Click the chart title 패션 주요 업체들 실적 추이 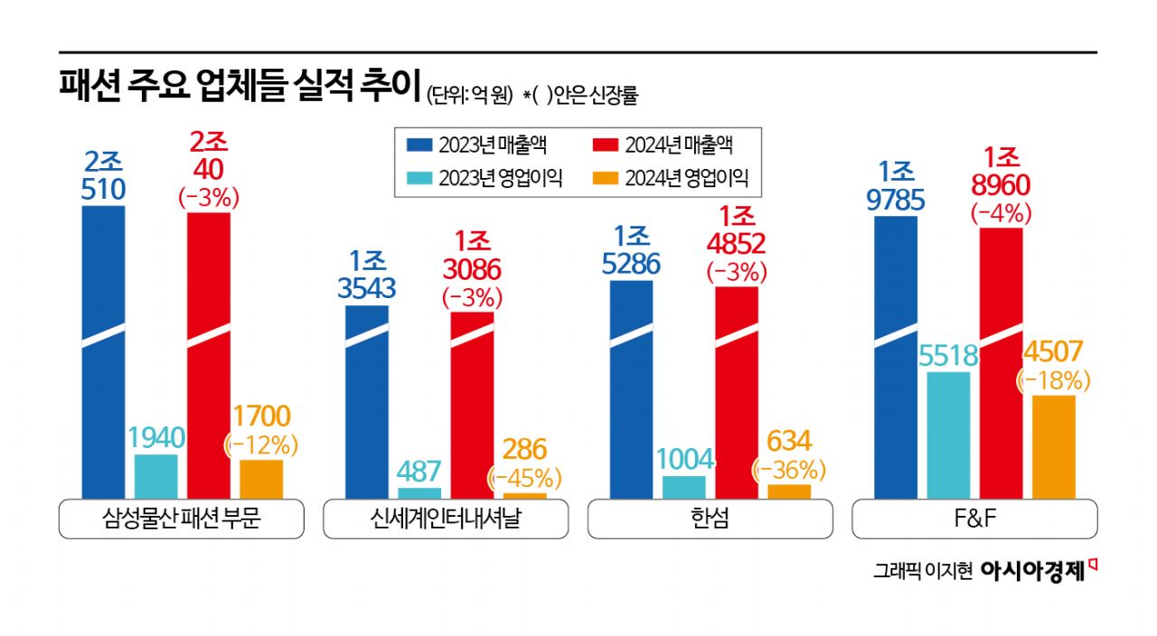240,88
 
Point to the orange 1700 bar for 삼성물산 261,479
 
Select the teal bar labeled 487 419,493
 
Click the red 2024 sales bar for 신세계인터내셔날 473,407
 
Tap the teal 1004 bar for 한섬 684,487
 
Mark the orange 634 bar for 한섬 789,491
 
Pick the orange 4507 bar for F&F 1054,447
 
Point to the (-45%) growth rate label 524,477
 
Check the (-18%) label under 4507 1054,380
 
